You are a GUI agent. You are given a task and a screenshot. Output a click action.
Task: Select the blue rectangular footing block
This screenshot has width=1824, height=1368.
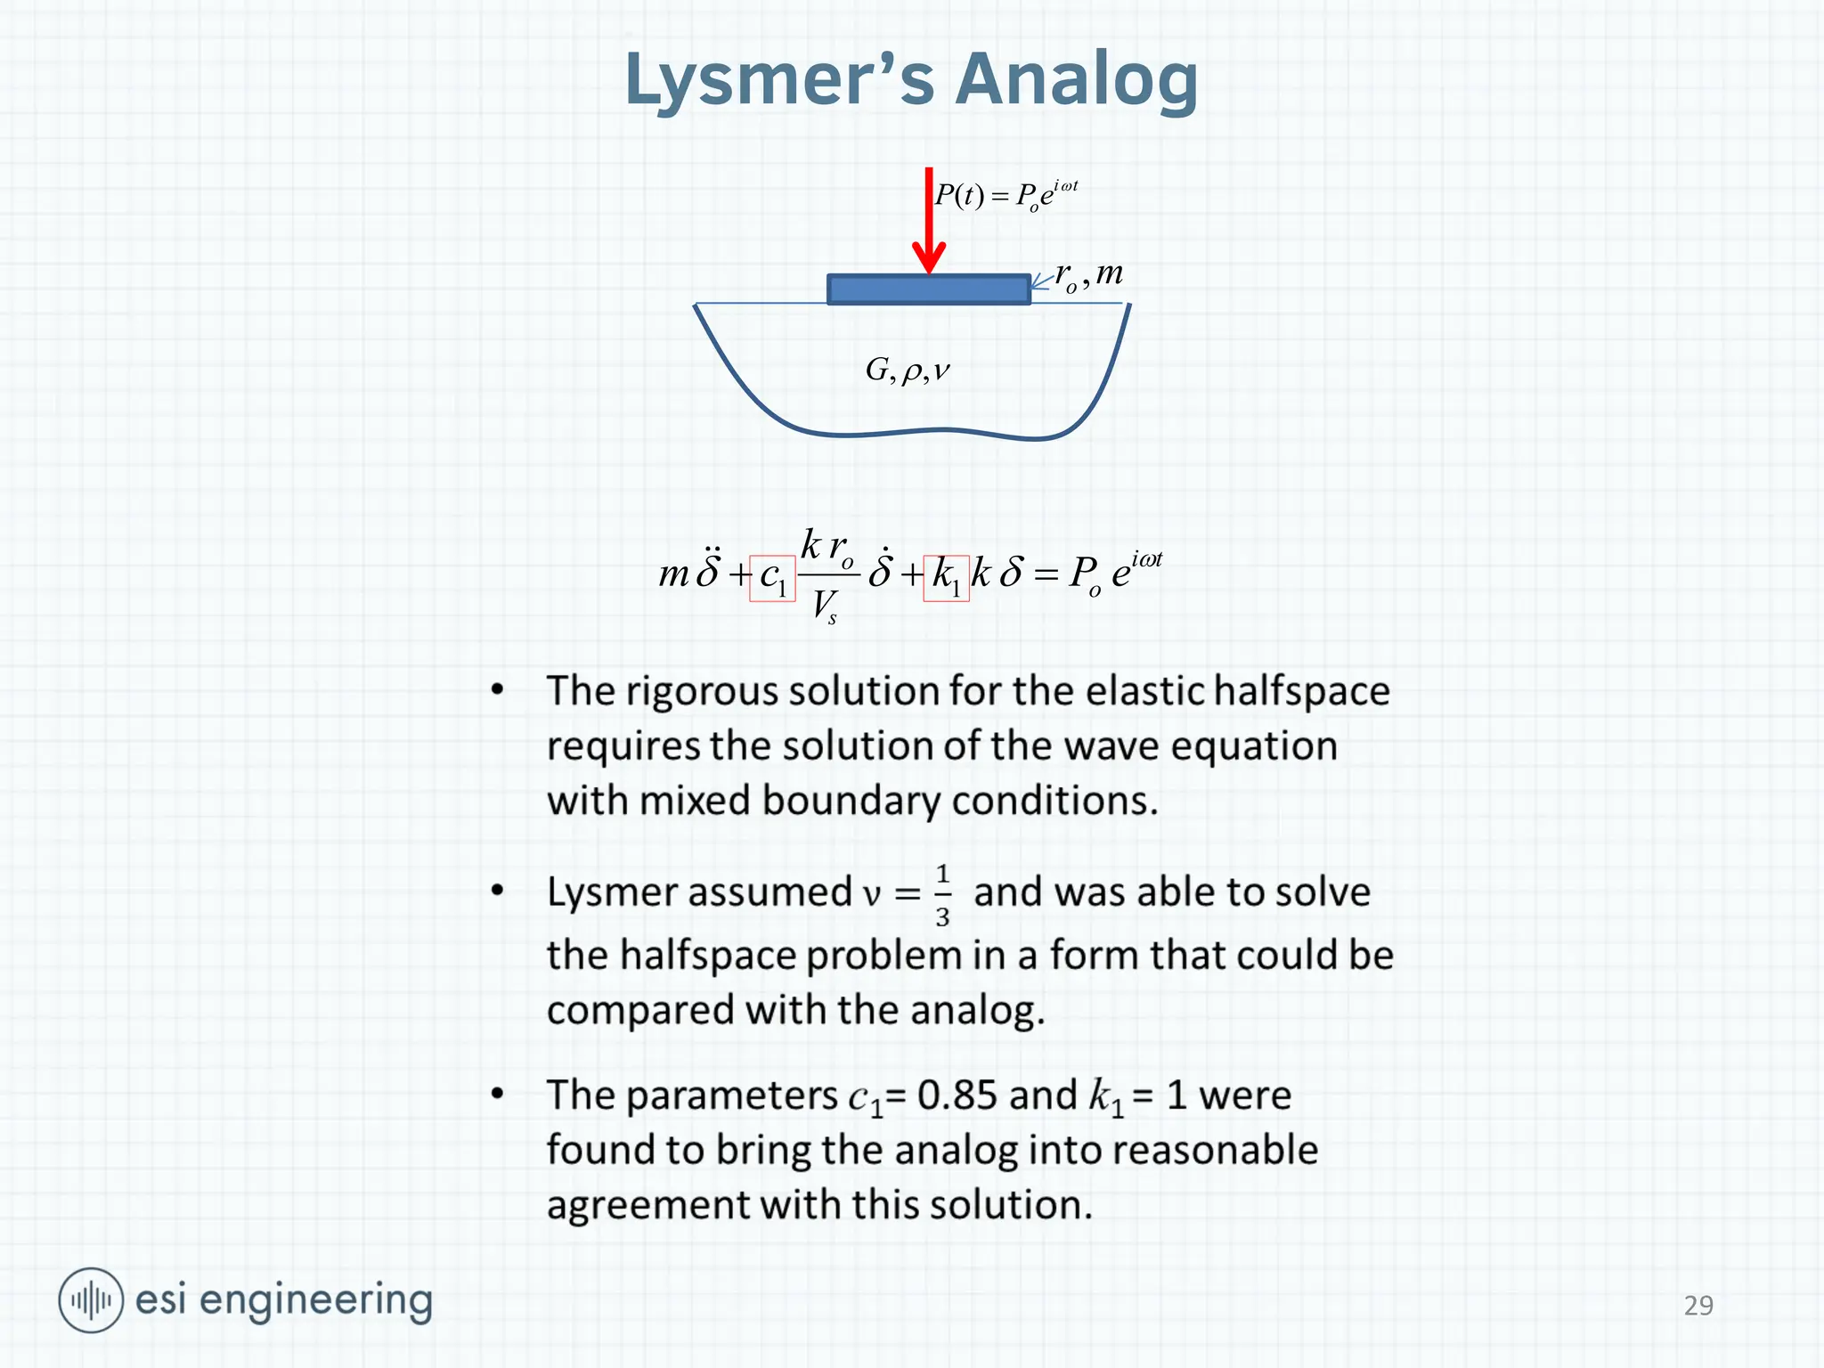click(929, 289)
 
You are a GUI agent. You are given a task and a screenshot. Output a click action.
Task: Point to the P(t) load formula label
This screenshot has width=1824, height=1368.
click(1006, 194)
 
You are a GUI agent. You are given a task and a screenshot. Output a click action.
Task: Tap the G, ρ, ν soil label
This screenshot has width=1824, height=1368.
click(908, 369)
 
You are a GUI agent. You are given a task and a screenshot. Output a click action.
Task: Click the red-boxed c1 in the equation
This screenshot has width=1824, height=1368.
click(772, 577)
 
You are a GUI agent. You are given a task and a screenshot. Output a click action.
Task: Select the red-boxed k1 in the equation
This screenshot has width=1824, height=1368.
click(946, 577)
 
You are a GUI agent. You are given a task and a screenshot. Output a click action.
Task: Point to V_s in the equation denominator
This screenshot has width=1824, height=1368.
click(824, 606)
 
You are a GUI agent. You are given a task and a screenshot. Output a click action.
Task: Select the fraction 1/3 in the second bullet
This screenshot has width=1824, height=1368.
click(942, 894)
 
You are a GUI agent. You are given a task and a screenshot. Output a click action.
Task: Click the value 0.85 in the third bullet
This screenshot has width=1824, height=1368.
click(957, 1095)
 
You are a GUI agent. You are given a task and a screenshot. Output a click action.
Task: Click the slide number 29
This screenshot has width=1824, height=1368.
click(1698, 1305)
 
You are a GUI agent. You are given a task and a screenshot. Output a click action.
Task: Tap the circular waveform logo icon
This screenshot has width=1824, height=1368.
click(91, 1300)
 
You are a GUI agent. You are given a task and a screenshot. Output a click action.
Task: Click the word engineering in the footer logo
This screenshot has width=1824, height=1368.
click(315, 1301)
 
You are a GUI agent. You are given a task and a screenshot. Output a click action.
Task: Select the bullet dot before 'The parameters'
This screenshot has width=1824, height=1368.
click(498, 1094)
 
